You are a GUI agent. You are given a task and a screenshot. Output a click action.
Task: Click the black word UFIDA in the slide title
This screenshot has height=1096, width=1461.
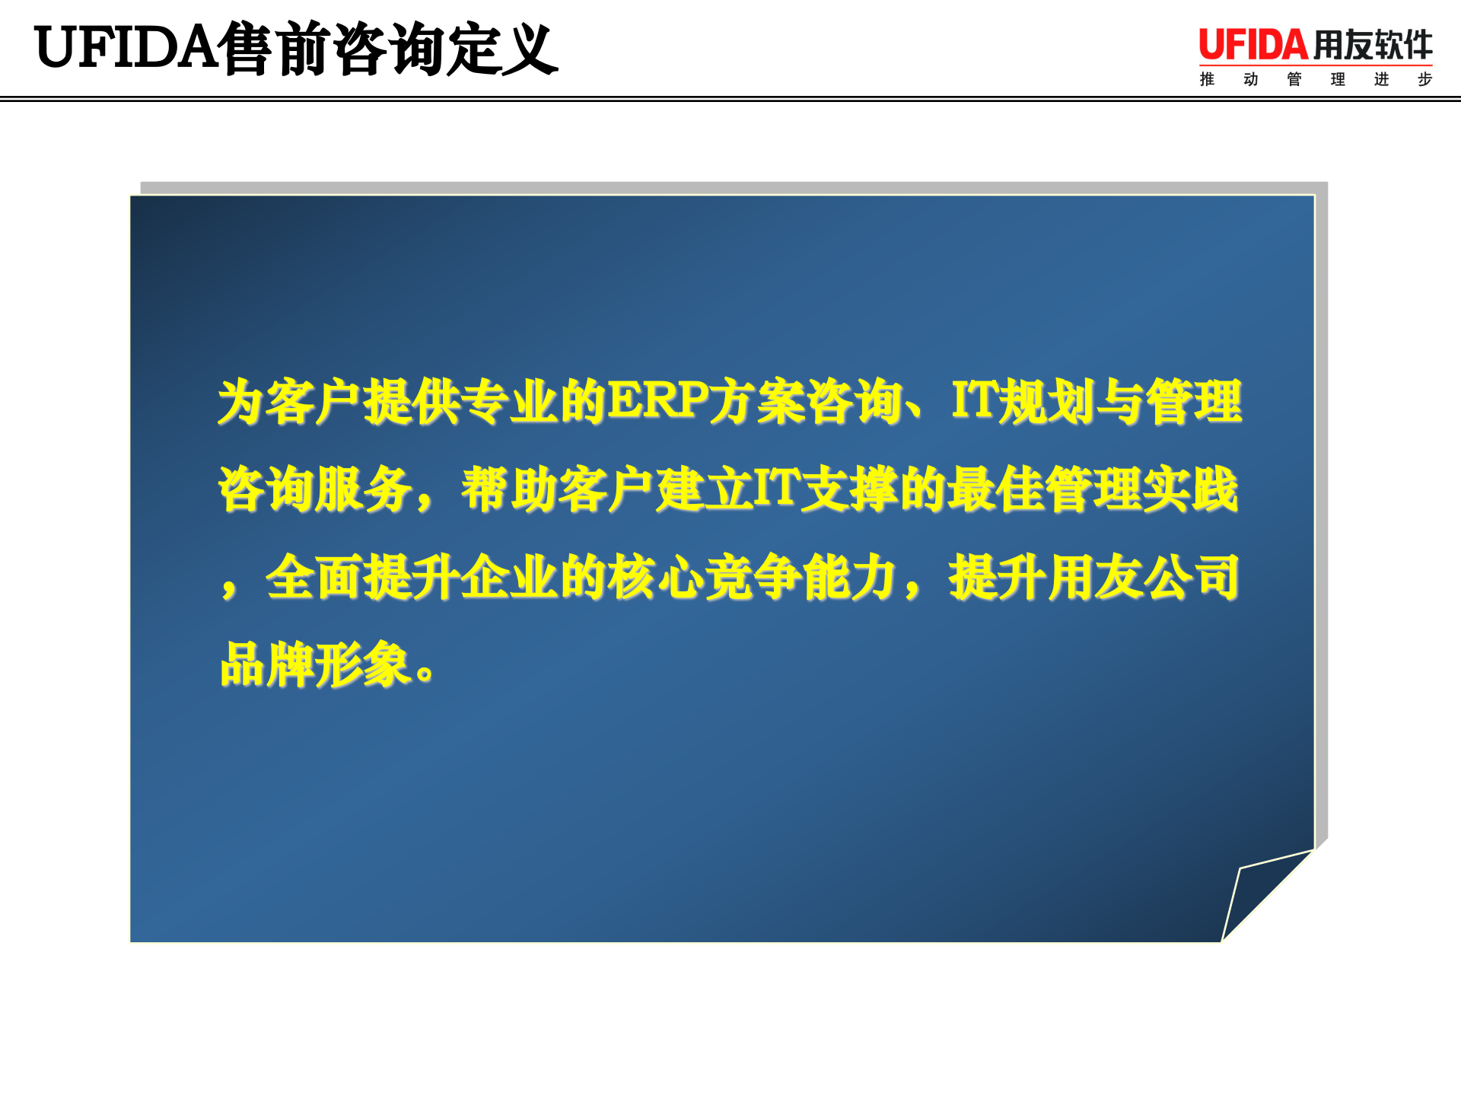pyautogui.click(x=126, y=48)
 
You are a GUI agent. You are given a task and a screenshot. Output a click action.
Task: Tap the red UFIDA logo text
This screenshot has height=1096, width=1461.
pyautogui.click(x=1253, y=45)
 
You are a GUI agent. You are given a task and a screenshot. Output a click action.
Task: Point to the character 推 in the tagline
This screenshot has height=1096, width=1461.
pyautogui.click(x=1207, y=79)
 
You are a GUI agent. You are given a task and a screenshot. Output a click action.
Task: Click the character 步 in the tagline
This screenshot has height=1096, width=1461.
pyautogui.click(x=1424, y=79)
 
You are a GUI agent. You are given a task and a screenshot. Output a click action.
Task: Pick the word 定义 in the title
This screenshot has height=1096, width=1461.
pyautogui.click(x=502, y=49)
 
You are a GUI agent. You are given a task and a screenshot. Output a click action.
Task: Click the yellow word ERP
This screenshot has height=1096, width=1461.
pyautogui.click(x=657, y=400)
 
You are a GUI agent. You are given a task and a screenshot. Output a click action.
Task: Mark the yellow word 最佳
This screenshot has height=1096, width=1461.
pyautogui.click(x=995, y=489)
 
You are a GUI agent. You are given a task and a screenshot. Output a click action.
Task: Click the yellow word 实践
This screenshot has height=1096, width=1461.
pyautogui.click(x=1190, y=489)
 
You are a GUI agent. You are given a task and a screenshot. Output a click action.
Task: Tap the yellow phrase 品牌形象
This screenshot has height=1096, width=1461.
pyautogui.click(x=316, y=665)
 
